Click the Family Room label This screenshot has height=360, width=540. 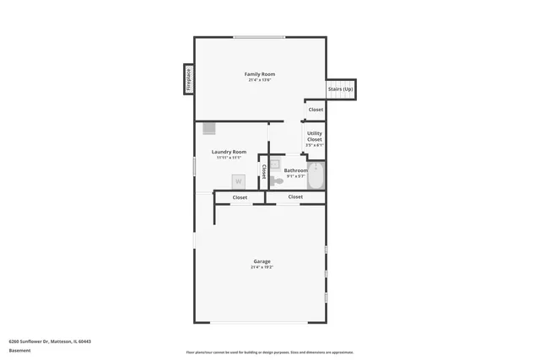260,74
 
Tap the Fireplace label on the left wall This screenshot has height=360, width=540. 188,79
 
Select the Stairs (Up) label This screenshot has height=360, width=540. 341,89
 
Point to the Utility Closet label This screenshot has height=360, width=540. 314,136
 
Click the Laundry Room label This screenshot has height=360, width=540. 229,152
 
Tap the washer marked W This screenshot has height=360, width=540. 239,181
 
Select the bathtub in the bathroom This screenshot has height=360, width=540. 316,177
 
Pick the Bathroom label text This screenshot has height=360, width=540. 295,170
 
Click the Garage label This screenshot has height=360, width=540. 262,261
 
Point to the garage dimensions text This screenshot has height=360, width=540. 262,267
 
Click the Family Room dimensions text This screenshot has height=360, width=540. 260,80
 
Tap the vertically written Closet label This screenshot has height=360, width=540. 263,171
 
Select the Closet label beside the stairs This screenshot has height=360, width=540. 316,110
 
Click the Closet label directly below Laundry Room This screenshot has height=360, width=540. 240,197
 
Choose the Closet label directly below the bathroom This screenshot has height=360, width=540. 295,196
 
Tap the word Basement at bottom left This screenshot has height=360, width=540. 19,350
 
